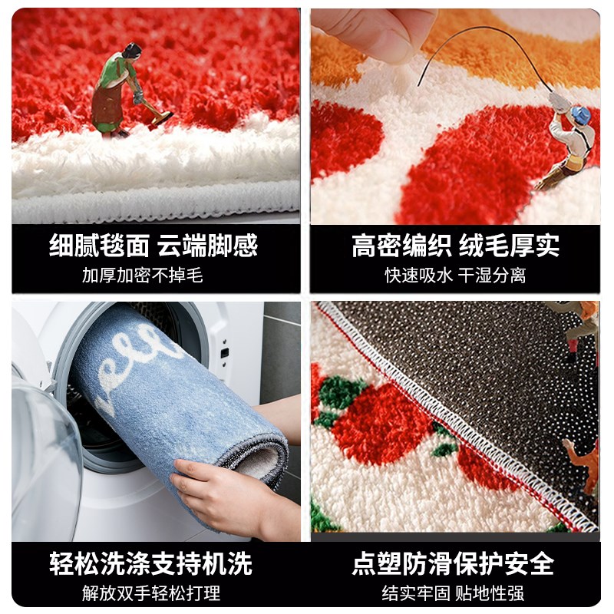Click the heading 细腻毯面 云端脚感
pos(153,246)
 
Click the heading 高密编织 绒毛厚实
pos(455,246)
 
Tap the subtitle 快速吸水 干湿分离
pos(455,275)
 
